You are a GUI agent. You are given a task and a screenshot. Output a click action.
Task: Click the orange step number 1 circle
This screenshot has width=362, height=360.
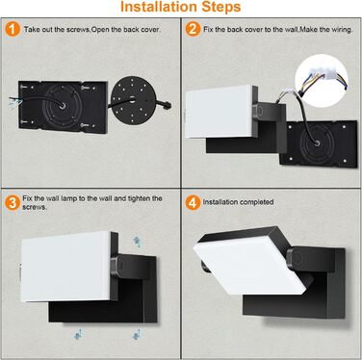13,29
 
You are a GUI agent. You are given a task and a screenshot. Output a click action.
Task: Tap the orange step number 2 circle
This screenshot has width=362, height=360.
193,29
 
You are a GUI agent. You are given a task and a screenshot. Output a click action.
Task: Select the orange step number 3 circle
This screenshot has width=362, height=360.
13,203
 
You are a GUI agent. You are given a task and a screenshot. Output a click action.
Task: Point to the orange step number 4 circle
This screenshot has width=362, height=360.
193,203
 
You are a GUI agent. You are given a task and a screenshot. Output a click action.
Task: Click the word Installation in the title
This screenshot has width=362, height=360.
159,7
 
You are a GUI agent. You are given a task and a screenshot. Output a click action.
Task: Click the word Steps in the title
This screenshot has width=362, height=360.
221,8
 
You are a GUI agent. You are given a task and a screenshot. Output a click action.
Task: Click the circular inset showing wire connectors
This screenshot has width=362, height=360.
322,81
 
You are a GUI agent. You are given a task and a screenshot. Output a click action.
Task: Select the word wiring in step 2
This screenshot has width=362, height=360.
342,30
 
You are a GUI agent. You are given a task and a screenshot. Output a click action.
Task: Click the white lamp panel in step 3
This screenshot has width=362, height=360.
65,267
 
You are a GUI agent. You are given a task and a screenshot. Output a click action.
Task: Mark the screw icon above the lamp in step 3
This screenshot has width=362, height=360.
137,242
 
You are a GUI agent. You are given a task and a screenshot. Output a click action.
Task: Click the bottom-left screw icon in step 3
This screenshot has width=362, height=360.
78,334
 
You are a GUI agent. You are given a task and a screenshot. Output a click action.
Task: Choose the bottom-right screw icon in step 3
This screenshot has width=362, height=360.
137,334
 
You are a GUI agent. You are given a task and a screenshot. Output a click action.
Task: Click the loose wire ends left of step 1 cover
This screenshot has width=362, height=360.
15,100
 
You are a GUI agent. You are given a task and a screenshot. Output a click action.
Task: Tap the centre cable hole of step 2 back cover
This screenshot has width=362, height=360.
317,142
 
